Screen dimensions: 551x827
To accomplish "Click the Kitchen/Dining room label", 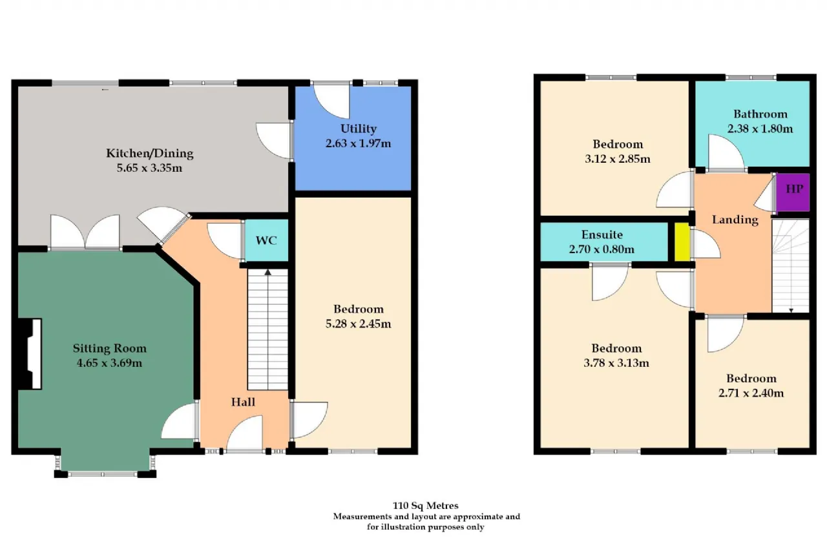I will [150, 154].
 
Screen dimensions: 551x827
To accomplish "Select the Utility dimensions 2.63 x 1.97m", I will [359, 143].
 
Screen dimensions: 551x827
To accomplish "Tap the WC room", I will [266, 241].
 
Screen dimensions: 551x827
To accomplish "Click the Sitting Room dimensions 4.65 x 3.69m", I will [109, 363].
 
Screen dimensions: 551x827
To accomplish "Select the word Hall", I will [243, 402].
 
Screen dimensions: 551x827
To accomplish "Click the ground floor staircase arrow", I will [267, 273].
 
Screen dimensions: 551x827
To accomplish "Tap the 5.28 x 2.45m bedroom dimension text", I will [358, 324].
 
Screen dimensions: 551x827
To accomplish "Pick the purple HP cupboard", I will [793, 192].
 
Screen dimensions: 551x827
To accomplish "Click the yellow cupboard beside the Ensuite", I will [682, 242].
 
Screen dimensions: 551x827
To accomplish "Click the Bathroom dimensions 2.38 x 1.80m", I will [760, 129].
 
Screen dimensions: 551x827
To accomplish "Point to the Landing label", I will [735, 220].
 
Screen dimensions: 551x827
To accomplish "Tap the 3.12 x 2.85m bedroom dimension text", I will [618, 159].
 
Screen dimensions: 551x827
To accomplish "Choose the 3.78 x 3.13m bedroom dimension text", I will [616, 363].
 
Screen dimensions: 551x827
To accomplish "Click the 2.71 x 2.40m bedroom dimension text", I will [751, 393].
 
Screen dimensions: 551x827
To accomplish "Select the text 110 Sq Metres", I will [426, 506].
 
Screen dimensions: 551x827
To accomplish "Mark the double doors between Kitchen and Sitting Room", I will [85, 233].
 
